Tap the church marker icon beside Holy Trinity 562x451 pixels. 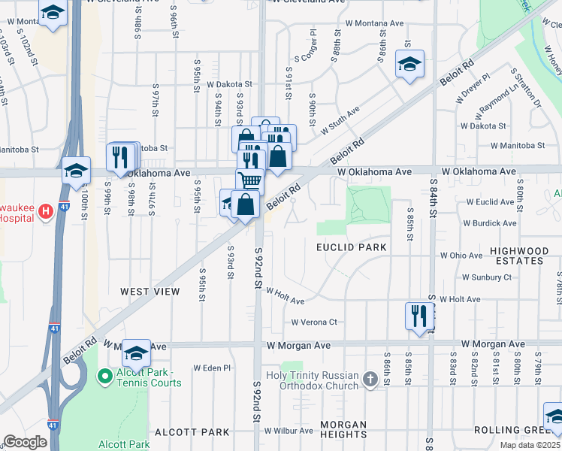(370, 380)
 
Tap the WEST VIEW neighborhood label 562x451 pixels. (150, 291)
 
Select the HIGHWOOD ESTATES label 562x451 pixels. (526, 256)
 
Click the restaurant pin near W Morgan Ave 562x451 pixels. (418, 315)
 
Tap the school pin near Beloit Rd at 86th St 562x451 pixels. (410, 63)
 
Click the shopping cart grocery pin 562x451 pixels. (250, 181)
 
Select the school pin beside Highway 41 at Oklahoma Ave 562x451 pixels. (76, 170)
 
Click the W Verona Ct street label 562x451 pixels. (315, 322)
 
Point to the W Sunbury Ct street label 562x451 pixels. (486, 277)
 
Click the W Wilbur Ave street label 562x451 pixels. (288, 431)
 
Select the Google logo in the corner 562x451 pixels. (25, 442)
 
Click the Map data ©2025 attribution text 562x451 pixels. (530, 445)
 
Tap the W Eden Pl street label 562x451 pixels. (212, 368)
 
